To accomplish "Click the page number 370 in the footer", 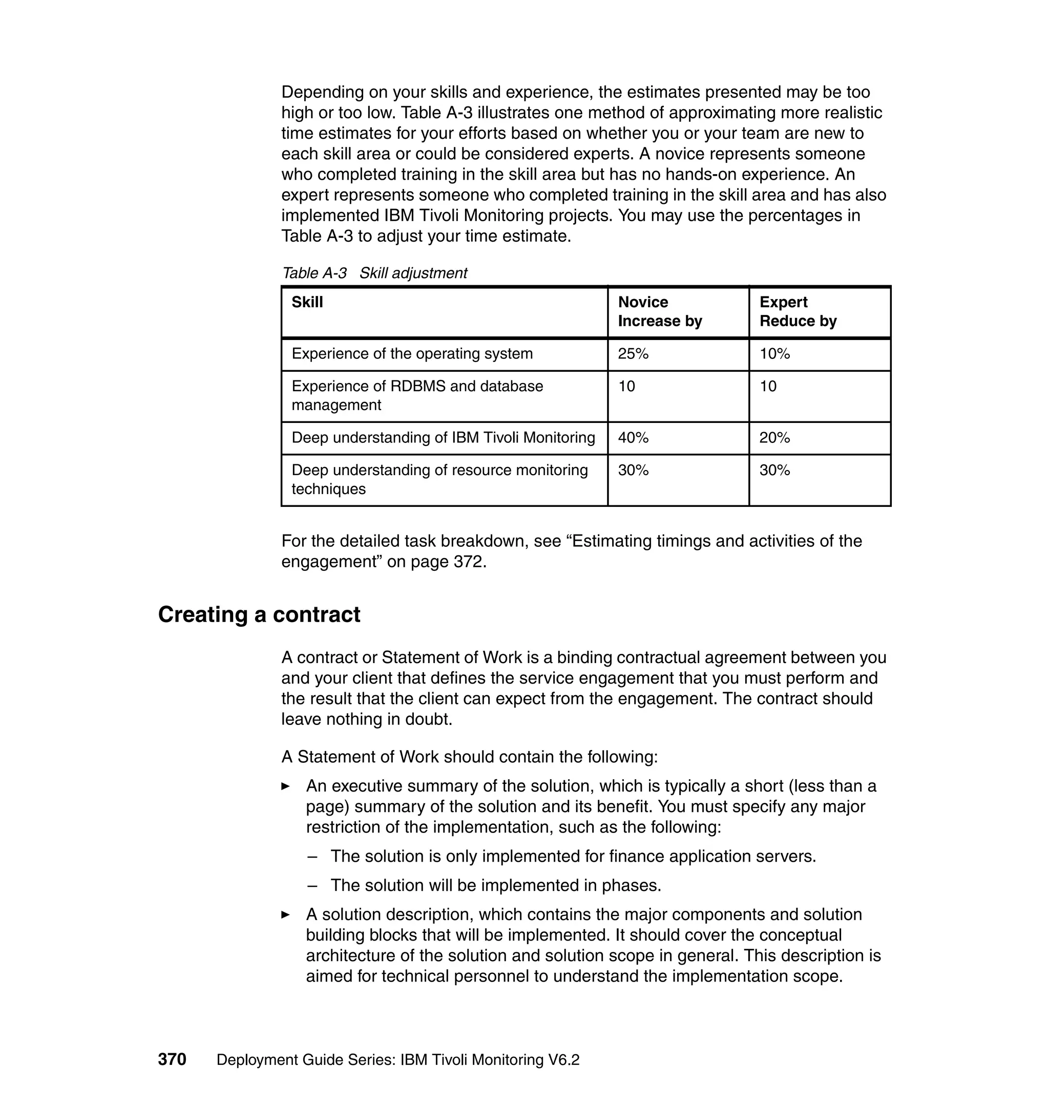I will coord(172,1059).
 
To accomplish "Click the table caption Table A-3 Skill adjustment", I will coord(374,273).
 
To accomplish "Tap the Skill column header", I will coord(307,303).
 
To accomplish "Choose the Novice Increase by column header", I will coord(659,311).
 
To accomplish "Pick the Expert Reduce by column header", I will coord(798,311).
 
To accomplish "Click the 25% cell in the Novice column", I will coord(633,354).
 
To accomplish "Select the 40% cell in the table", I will coord(633,438).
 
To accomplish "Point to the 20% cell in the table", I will coord(774,438).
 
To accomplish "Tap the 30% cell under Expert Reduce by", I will coord(774,470).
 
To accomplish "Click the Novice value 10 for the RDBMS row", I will coord(626,386).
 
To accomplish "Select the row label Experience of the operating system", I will coord(412,354).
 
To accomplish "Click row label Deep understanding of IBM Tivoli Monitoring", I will coord(443,438).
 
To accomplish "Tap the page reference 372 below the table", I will coord(467,561).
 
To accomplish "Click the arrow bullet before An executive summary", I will coord(286,786).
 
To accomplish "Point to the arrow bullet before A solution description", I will coord(286,915).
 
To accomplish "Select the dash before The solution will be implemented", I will coord(312,885).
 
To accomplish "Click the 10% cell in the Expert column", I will coord(774,354).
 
